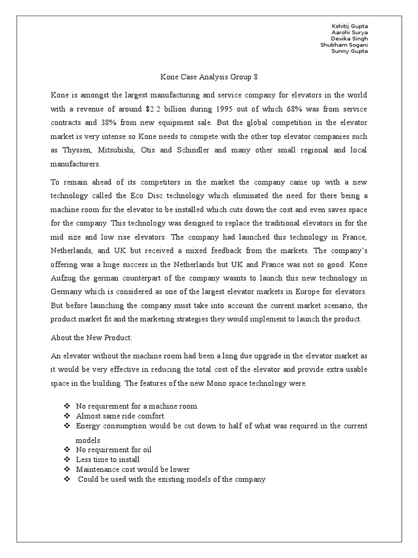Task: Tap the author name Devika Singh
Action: pos(350,39)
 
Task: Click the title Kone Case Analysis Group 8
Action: pos(209,77)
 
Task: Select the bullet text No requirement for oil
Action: pos(113,450)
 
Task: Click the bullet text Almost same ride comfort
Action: pos(120,415)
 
